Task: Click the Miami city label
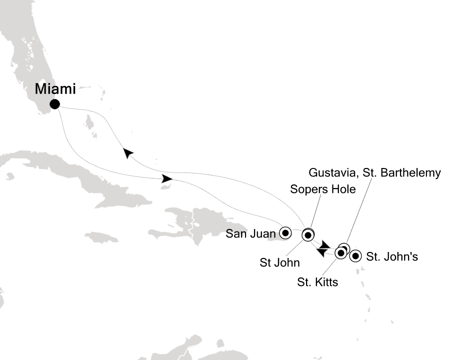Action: tap(55, 90)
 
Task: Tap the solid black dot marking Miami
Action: tap(54, 104)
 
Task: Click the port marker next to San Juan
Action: tap(285, 232)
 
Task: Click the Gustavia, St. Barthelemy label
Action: tap(375, 173)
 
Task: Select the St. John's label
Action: tap(391, 257)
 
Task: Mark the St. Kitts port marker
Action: tap(340, 253)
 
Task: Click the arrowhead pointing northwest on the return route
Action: tap(128, 153)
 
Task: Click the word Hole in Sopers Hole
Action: tap(344, 189)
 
